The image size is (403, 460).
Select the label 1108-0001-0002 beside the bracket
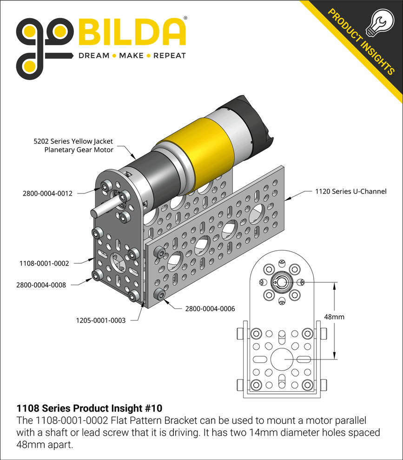point(44,263)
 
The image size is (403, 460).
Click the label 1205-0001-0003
point(100,320)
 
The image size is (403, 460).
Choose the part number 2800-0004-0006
point(210,309)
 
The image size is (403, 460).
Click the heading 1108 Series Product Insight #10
point(89,409)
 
